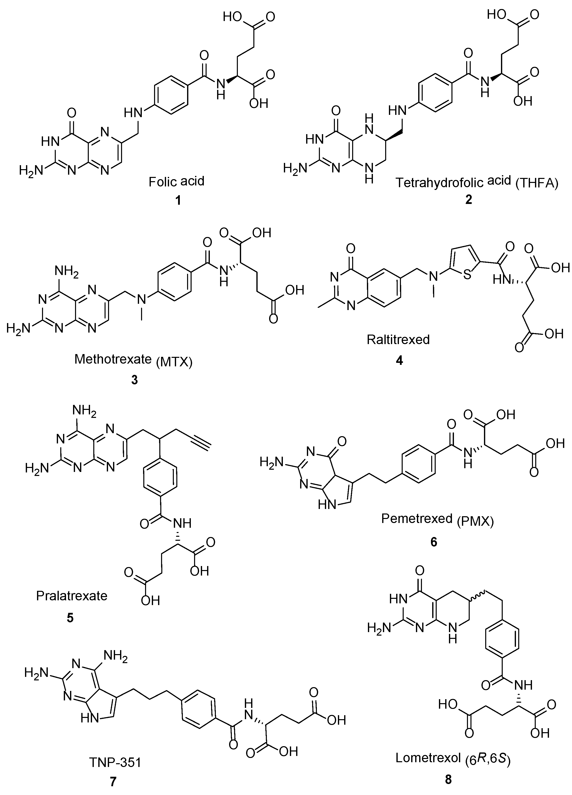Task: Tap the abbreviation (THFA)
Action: pyautogui.click(x=537, y=183)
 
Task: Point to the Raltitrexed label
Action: pyautogui.click(x=398, y=339)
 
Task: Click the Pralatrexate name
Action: pyautogui.click(x=72, y=596)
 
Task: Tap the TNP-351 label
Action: pyautogui.click(x=115, y=762)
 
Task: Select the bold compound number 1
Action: pyautogui.click(x=178, y=200)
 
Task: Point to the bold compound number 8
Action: pyautogui.click(x=448, y=779)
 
